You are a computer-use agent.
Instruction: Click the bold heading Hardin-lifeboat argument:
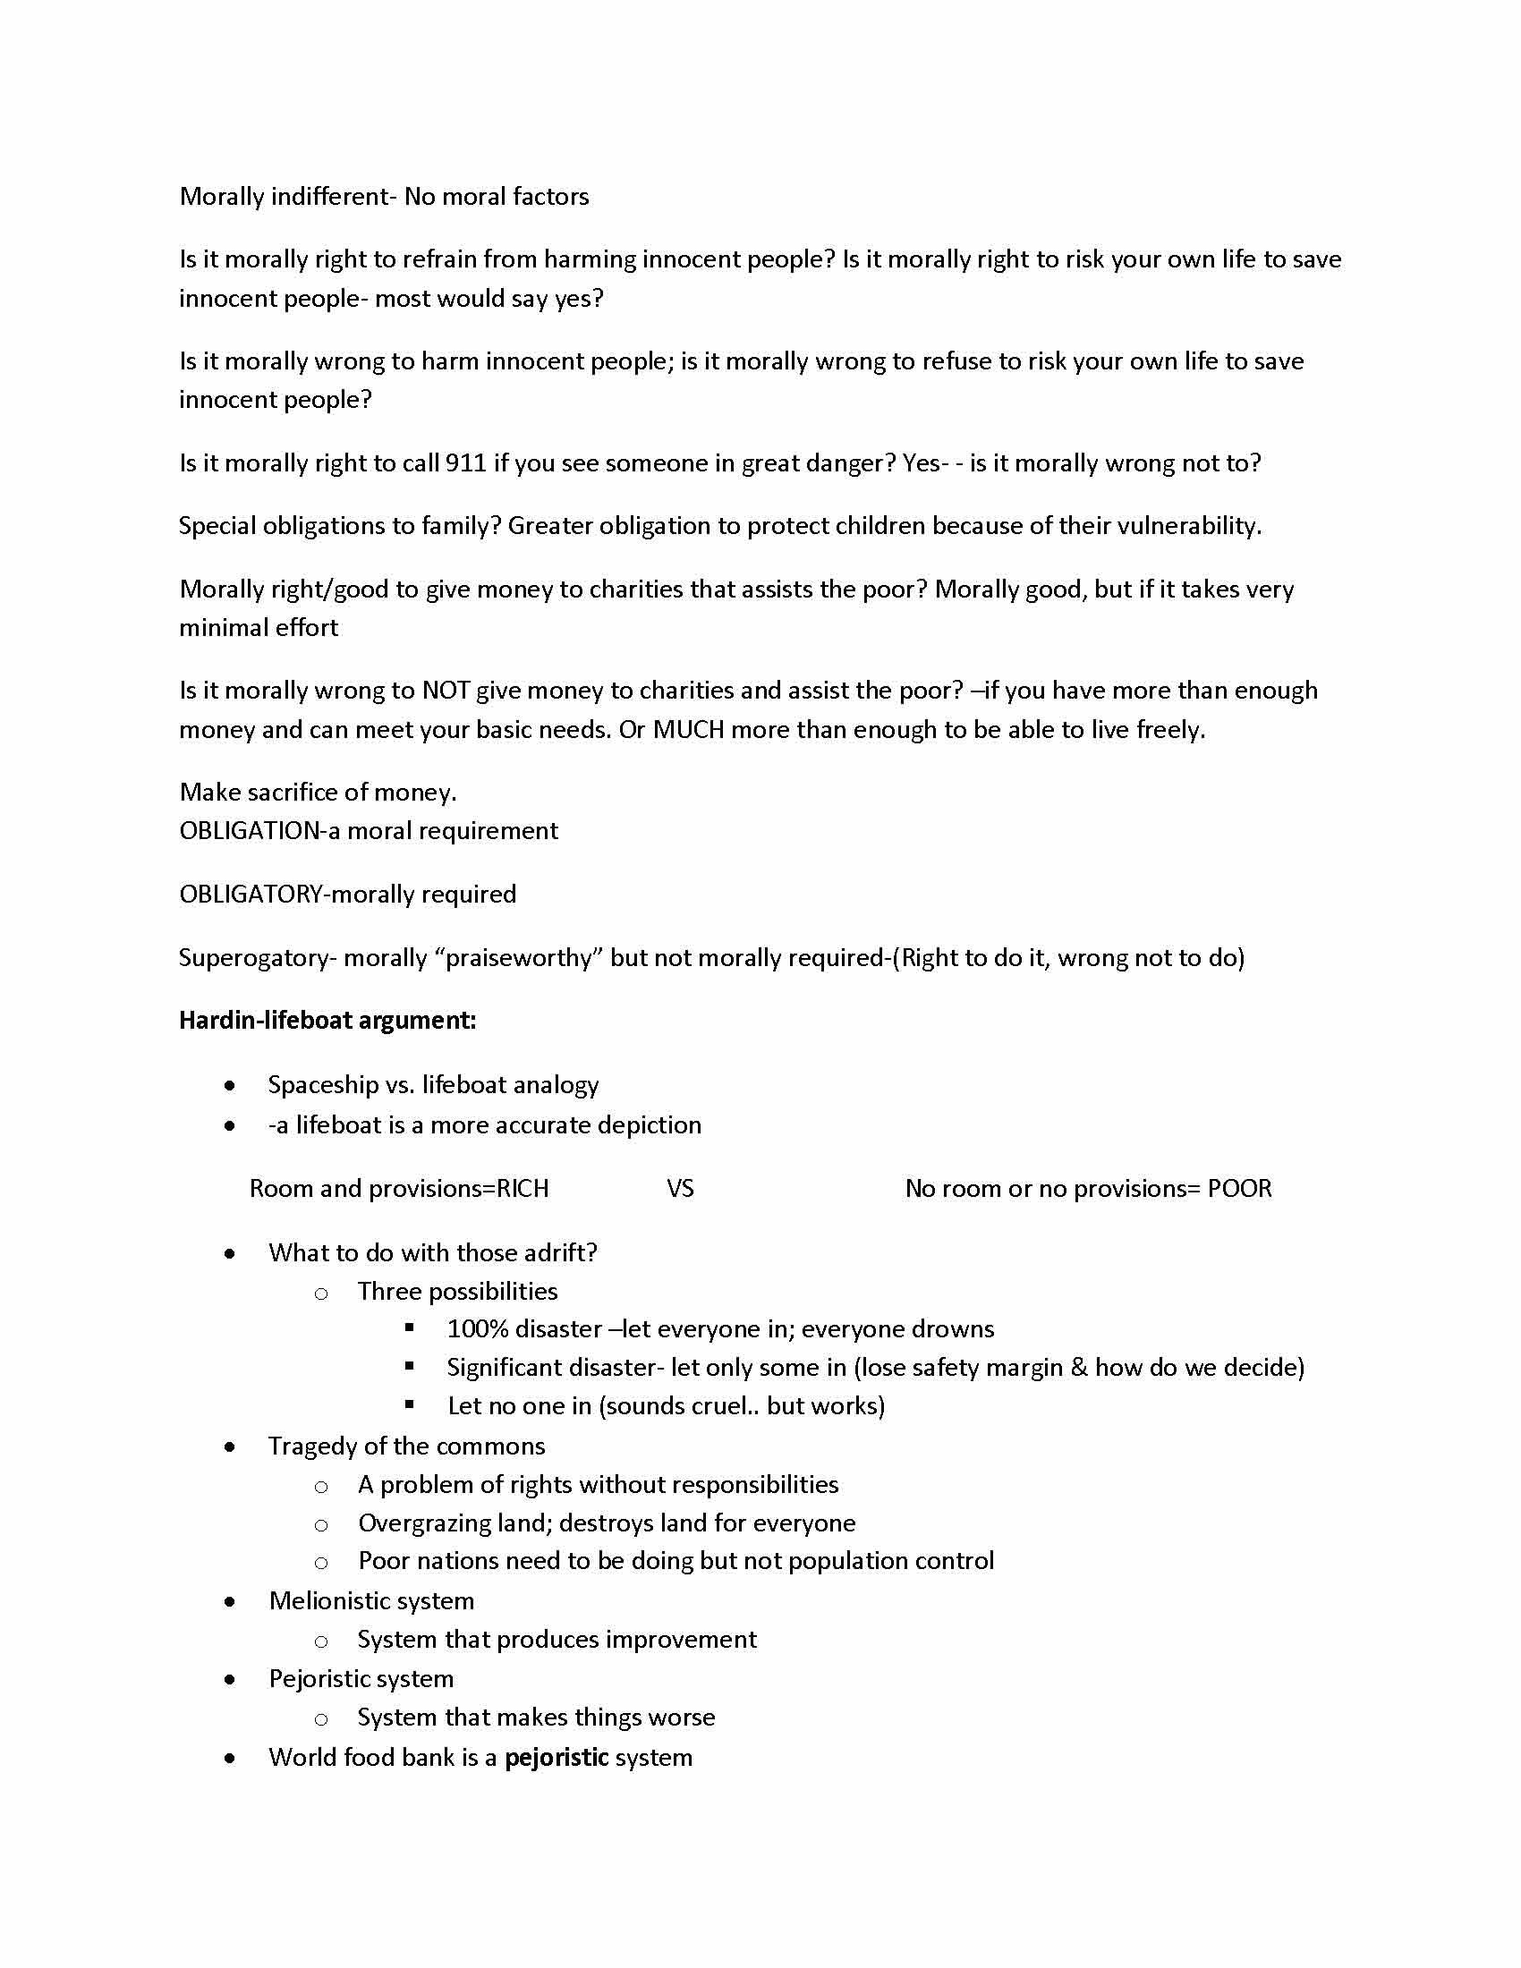[x=327, y=1020]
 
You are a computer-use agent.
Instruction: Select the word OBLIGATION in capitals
[x=250, y=831]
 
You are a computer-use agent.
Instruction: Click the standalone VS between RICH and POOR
[x=680, y=1189]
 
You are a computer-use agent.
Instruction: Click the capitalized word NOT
[x=446, y=691]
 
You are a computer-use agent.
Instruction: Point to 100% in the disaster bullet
[x=478, y=1329]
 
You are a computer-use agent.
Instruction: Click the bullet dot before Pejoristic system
[x=231, y=1679]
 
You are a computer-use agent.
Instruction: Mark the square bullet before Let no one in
[x=410, y=1404]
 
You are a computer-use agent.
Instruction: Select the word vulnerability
[x=1188, y=525]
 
